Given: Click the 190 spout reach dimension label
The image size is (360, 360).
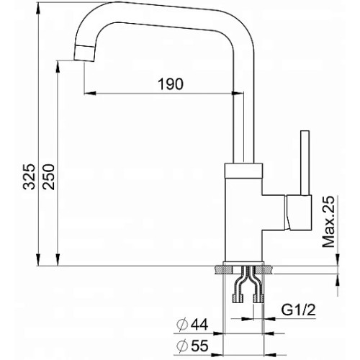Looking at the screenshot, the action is [171, 84].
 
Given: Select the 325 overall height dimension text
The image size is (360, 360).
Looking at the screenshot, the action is [30, 177].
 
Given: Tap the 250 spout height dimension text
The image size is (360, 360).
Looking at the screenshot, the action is [49, 177].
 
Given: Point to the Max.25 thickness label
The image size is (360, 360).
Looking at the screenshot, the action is [328, 222].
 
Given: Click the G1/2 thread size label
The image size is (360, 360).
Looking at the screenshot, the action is [298, 310].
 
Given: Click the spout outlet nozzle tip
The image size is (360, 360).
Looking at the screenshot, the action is [84, 53].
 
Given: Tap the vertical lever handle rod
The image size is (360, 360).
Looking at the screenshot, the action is [305, 163].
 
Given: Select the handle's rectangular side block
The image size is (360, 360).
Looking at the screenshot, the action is [300, 212].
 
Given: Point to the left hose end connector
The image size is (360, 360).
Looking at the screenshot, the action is [238, 298].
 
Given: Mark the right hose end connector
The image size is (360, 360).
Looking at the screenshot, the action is [258, 298].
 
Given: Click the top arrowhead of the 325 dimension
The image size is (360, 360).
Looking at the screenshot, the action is [38, 9].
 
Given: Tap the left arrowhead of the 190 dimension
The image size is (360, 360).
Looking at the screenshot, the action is [90, 93].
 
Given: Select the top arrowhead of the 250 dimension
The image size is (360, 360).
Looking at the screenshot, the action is [58, 67].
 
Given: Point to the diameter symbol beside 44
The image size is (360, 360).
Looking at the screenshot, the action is [182, 325].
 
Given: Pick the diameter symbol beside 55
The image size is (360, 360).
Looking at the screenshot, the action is [182, 346].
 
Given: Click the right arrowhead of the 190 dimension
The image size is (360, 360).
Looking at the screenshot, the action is [238, 93].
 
